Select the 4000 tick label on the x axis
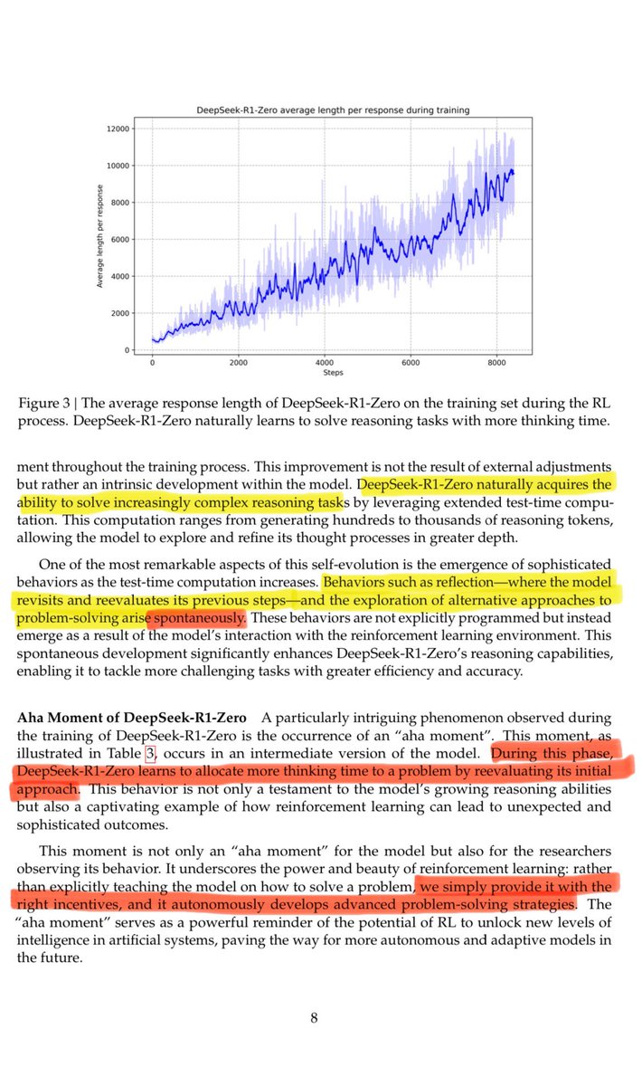326,362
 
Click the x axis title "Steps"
333,372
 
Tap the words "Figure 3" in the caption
45,405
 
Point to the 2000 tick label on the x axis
239,362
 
